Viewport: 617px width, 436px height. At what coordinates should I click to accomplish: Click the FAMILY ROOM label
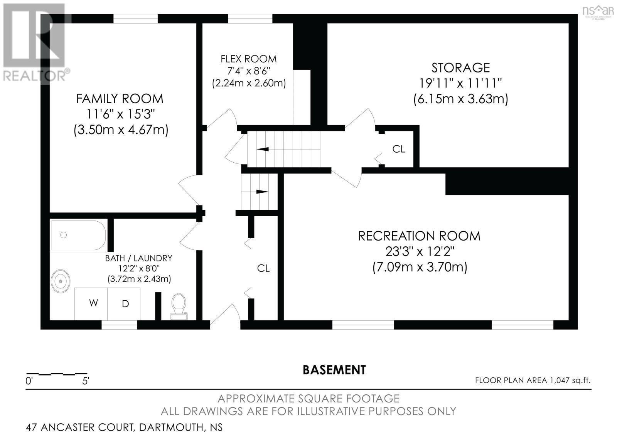tap(120, 99)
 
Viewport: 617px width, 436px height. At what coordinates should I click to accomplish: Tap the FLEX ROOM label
tap(249, 59)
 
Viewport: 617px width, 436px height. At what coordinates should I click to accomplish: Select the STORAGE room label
tap(460, 68)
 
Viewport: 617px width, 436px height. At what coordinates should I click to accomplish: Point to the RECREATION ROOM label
tap(419, 236)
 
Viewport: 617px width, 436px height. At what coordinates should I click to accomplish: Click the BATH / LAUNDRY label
tap(138, 258)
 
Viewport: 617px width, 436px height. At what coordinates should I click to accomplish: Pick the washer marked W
tap(93, 303)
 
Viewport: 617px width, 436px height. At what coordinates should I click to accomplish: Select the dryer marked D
tap(125, 304)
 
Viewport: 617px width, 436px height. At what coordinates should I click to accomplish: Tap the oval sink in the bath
tap(61, 281)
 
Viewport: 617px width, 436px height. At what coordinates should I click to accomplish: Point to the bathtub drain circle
tap(64, 235)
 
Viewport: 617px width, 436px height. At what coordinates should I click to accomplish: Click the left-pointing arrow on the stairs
tap(263, 149)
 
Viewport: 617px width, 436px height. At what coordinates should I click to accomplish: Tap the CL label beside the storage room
tap(398, 149)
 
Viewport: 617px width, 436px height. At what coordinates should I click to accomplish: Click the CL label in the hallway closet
tap(263, 268)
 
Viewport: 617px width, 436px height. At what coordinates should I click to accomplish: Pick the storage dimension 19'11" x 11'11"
tap(460, 83)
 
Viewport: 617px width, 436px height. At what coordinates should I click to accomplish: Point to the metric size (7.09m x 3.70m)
tap(420, 267)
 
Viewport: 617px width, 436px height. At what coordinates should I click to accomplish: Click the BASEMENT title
tap(334, 370)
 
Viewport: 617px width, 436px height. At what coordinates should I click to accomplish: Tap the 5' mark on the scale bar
tap(86, 381)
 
